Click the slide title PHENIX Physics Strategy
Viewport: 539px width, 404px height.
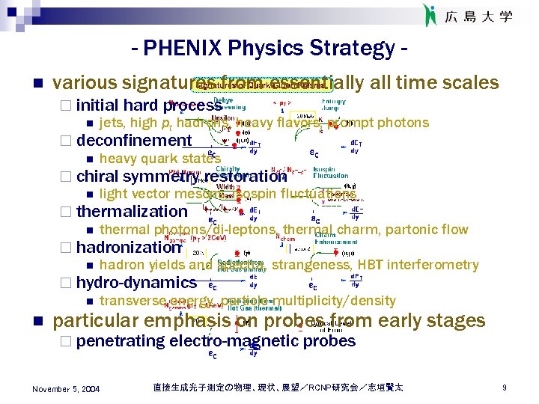click(x=269, y=49)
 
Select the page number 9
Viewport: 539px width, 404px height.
click(x=505, y=388)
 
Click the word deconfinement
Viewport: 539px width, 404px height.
click(x=133, y=141)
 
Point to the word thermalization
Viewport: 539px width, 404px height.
click(x=131, y=212)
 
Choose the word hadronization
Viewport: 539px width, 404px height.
click(x=129, y=248)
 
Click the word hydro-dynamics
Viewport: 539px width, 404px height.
click(x=135, y=283)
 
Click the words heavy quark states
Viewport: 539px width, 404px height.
click(x=159, y=159)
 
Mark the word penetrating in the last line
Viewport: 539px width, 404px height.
click(x=121, y=341)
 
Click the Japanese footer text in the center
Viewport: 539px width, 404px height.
click(x=277, y=388)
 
